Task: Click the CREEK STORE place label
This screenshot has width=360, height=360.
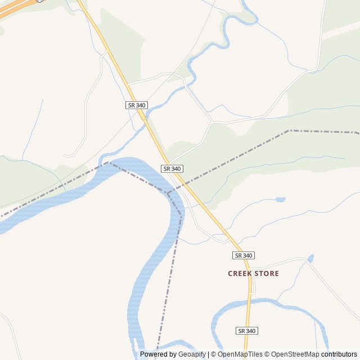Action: point(253,273)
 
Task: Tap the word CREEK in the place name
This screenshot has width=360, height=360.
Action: point(240,273)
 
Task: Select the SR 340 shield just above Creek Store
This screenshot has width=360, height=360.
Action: point(243,255)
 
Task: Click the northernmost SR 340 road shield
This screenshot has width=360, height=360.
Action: point(136,105)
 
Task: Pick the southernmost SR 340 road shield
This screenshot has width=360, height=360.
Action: point(247,331)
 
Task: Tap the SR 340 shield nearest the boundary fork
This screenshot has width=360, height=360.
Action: point(172,169)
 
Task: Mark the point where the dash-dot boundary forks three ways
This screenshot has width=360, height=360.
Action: point(168,193)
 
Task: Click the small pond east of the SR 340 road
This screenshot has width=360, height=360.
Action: point(280,199)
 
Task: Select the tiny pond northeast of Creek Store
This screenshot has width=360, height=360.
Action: point(310,258)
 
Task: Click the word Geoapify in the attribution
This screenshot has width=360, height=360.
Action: point(192,354)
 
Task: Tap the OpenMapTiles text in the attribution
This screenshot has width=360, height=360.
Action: point(240,354)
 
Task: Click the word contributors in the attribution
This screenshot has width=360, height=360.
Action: point(339,354)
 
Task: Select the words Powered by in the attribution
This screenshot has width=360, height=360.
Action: point(158,354)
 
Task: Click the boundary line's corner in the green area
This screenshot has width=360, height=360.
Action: point(289,130)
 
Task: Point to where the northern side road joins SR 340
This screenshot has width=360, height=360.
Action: point(129,84)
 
